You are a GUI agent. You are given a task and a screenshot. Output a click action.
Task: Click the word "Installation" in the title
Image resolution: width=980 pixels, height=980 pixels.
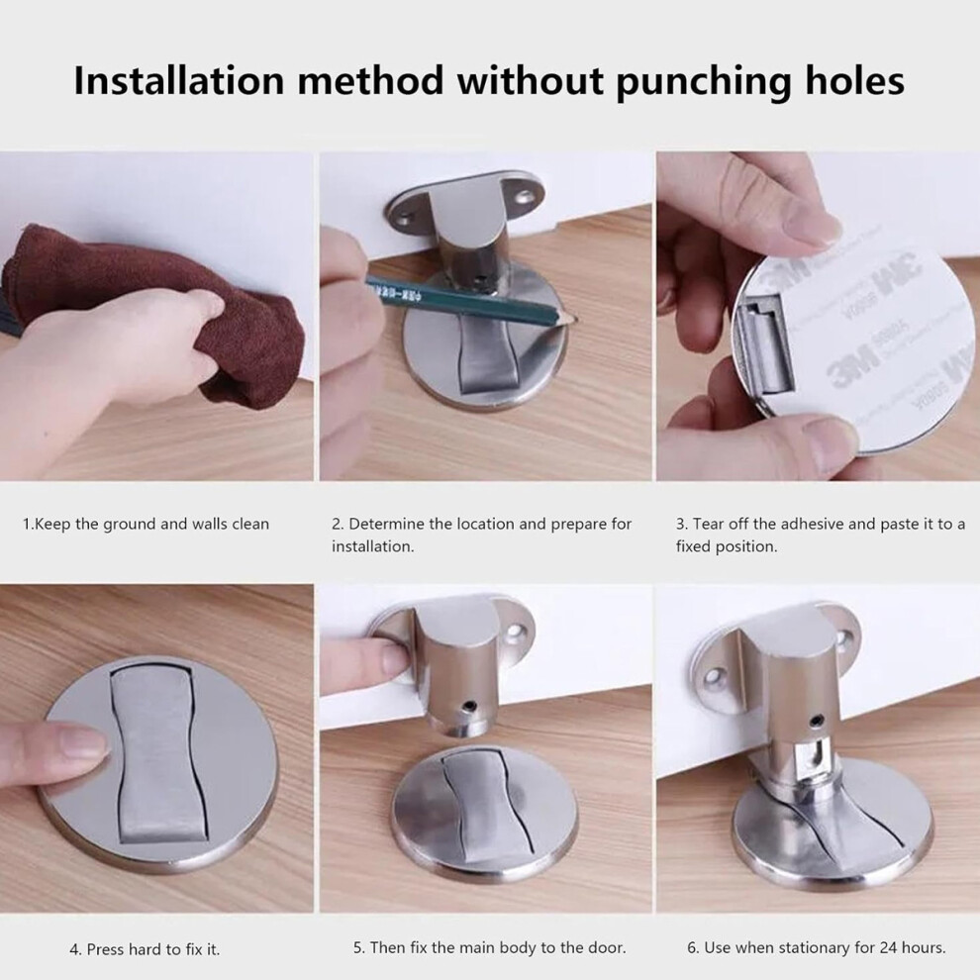pyautogui.click(x=179, y=80)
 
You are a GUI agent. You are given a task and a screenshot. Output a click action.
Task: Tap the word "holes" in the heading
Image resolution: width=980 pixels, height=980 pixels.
pyautogui.click(x=852, y=80)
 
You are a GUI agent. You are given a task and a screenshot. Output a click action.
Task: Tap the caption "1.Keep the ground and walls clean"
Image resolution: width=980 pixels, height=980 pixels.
pyautogui.click(x=146, y=524)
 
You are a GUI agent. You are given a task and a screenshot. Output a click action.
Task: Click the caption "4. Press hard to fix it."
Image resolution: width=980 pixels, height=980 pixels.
pyautogui.click(x=145, y=949)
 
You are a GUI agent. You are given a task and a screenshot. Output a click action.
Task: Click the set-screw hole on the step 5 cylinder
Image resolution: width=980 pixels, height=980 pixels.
pyautogui.click(x=469, y=707)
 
